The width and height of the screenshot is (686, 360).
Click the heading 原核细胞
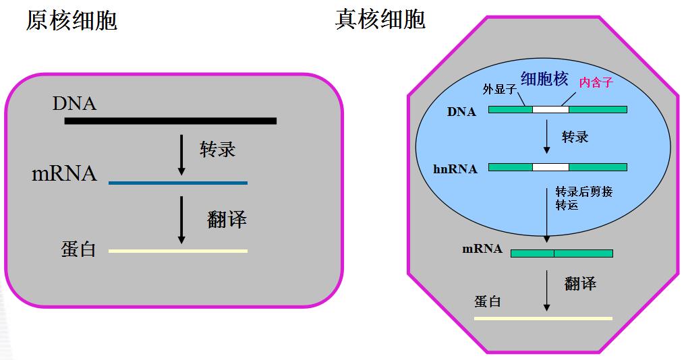[72, 20]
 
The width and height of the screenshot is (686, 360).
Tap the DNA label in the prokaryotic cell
[74, 104]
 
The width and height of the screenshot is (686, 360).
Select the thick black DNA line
[170, 121]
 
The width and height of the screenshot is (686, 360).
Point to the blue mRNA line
[177, 183]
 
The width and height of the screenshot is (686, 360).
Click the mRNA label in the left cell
[64, 174]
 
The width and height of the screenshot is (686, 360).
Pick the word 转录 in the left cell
[217, 149]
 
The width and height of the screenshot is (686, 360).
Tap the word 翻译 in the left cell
[227, 219]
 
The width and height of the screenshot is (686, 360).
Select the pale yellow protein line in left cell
[177, 251]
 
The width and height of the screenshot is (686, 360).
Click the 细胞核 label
[544, 79]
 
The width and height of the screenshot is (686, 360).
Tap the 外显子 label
[499, 89]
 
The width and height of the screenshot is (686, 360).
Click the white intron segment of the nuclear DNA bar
[550, 109]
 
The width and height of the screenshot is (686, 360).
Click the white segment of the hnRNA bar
[550, 167]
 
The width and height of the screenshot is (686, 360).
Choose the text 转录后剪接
[583, 191]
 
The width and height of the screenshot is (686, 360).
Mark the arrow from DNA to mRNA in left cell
[181, 154]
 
